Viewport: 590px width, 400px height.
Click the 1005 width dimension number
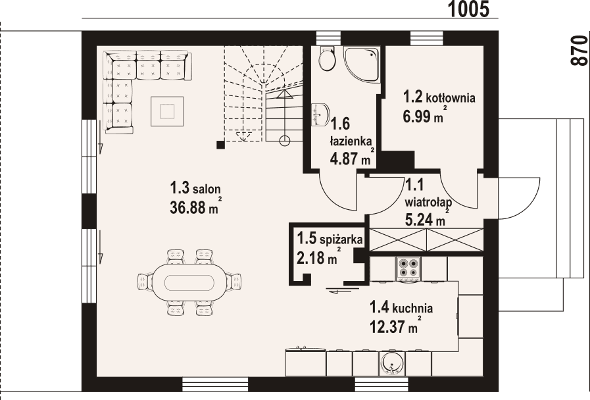(470, 9)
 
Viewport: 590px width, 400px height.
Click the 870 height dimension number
(578, 50)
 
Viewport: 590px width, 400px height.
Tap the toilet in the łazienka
(326, 60)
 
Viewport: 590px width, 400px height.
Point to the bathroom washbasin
(320, 113)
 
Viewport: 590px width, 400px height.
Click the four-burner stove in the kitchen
(408, 267)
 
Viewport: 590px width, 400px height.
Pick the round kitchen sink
(393, 363)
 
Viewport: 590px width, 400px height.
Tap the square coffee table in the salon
(167, 109)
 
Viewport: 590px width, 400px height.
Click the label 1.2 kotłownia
(439, 97)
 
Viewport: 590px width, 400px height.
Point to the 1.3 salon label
(193, 189)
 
